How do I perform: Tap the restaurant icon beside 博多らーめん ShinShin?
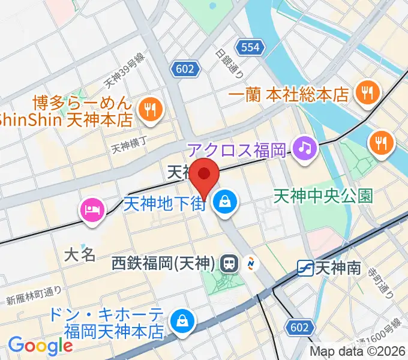(147, 109)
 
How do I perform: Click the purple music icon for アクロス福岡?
(304, 146)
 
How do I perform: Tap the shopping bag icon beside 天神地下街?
(226, 202)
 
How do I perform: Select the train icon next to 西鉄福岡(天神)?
(229, 263)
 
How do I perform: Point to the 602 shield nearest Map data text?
(301, 327)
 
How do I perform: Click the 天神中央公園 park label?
(323, 195)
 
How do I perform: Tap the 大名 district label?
(80, 254)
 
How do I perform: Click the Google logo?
(40, 346)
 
